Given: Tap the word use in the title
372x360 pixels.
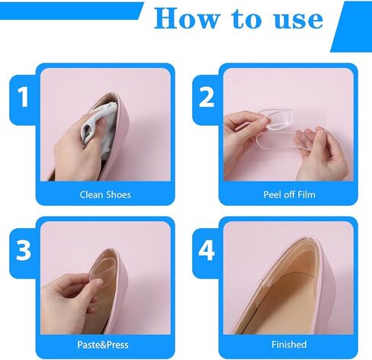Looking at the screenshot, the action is pyautogui.click(x=299, y=20).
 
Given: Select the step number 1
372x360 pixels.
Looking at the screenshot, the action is pyautogui.click(x=23, y=97).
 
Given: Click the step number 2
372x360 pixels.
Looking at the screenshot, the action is pyautogui.click(x=207, y=97).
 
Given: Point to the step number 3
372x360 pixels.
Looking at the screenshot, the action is pyautogui.click(x=23, y=250).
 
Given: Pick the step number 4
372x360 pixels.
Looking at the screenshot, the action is pyautogui.click(x=207, y=250).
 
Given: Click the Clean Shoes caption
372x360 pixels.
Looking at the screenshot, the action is pyautogui.click(x=105, y=194).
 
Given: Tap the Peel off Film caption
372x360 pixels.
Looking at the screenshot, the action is pyautogui.click(x=289, y=194).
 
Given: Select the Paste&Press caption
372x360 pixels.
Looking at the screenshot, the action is pyautogui.click(x=103, y=345).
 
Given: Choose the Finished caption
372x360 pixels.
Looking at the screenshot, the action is pyautogui.click(x=289, y=345).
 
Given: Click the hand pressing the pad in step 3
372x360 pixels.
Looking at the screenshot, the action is pyautogui.click(x=70, y=303).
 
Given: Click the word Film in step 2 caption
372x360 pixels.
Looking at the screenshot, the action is pyautogui.click(x=306, y=194).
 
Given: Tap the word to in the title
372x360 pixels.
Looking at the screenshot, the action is pyautogui.click(x=247, y=19).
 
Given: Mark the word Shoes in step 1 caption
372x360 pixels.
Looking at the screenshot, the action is pyautogui.click(x=118, y=194).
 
